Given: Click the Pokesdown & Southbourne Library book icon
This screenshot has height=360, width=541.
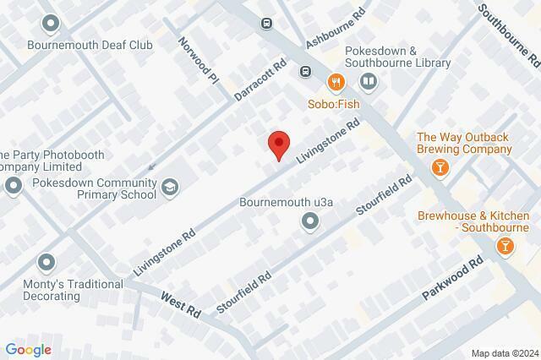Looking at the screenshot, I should (x=368, y=82).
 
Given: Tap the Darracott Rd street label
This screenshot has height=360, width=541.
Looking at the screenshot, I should (x=260, y=79).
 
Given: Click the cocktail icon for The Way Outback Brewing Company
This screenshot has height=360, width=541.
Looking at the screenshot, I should (x=439, y=168).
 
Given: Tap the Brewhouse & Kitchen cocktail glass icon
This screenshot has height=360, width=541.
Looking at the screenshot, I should (x=504, y=245).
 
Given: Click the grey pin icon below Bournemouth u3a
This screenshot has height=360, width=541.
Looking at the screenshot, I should (x=310, y=221).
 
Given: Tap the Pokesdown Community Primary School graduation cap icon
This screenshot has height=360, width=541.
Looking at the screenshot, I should (x=171, y=187).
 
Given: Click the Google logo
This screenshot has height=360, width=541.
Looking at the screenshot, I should (x=28, y=350).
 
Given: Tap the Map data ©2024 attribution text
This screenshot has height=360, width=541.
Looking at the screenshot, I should (x=504, y=352).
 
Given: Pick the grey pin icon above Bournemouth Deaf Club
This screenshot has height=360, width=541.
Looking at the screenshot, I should (x=52, y=23).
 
